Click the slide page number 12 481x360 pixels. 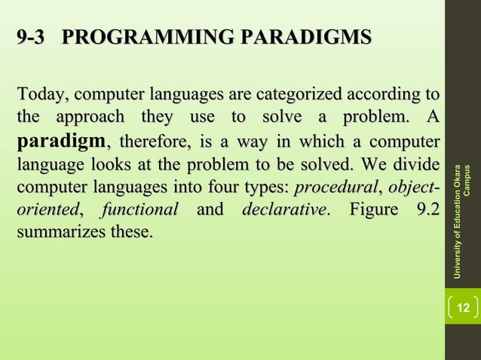tap(464, 307)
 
